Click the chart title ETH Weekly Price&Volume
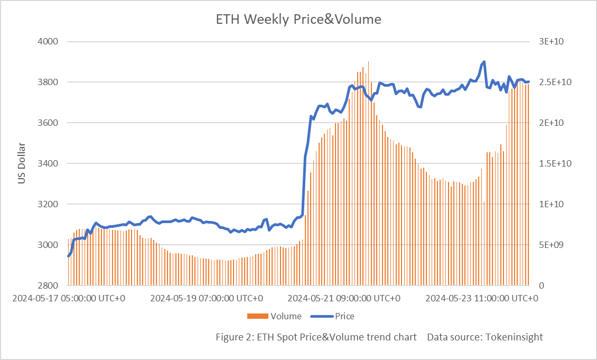click(298, 20)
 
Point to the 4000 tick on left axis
click(48, 41)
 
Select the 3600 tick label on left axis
click(48, 123)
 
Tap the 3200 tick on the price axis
click(48, 204)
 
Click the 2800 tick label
click(48, 285)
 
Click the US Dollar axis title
click(22, 163)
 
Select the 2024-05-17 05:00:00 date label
click(69, 298)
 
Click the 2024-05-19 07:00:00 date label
click(207, 298)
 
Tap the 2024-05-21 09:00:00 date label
click(344, 298)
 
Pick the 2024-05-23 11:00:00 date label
click(482, 298)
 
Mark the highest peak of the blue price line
click(484, 62)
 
